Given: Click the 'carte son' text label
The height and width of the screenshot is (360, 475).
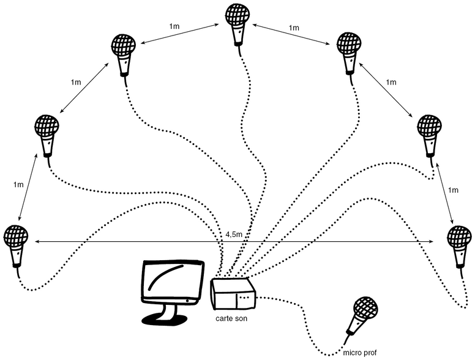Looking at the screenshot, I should click(231, 319).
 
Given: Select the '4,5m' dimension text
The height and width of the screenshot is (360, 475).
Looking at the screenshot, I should click(234, 234).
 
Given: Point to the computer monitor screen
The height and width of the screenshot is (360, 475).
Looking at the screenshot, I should click(172, 281).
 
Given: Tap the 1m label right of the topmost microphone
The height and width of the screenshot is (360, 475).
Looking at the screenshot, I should click(294, 28).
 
